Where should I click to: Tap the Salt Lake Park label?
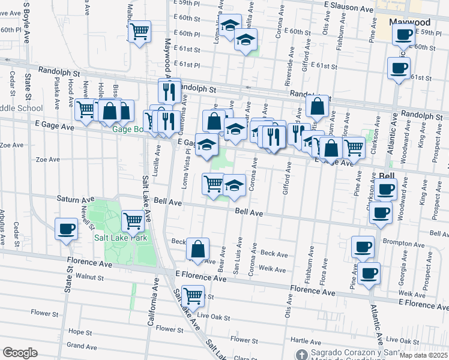[121, 238]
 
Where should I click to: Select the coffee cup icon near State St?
[66, 228]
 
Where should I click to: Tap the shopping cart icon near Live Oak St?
[193, 295]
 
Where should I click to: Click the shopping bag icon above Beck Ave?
[197, 248]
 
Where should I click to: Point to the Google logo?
[20, 352]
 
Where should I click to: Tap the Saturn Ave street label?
[76, 198]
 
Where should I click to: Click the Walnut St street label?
[90, 277]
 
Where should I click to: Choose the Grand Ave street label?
[82, 346]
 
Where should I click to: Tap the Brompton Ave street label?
[416, 239]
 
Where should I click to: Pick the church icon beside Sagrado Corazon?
[303, 354]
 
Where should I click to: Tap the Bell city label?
[387, 176]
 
